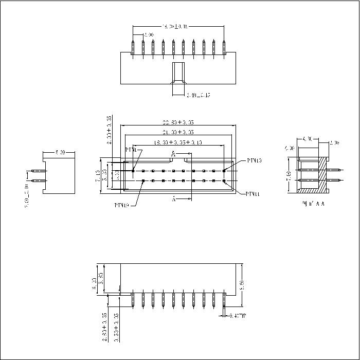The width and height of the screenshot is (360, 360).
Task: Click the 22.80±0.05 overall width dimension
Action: pos(178,122)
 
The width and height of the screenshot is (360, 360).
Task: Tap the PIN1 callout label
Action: pos(131,150)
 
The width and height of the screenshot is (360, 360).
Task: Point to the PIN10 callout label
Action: pos(254,160)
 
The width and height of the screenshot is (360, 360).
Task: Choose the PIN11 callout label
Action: pos(253,194)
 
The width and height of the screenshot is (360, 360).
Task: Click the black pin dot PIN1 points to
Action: pos(133,171)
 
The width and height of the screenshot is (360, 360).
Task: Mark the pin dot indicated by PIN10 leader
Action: pos(224,171)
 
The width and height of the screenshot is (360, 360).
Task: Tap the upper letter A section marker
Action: pos(173,154)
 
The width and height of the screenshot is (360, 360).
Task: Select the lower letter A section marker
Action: pos(173,199)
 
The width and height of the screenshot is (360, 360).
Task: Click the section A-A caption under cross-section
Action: pos(314,204)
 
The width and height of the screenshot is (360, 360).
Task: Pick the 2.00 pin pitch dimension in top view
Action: pos(148,35)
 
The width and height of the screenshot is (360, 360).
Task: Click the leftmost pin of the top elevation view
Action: pos(133,46)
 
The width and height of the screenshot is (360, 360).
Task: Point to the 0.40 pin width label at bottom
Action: pos(238,316)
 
